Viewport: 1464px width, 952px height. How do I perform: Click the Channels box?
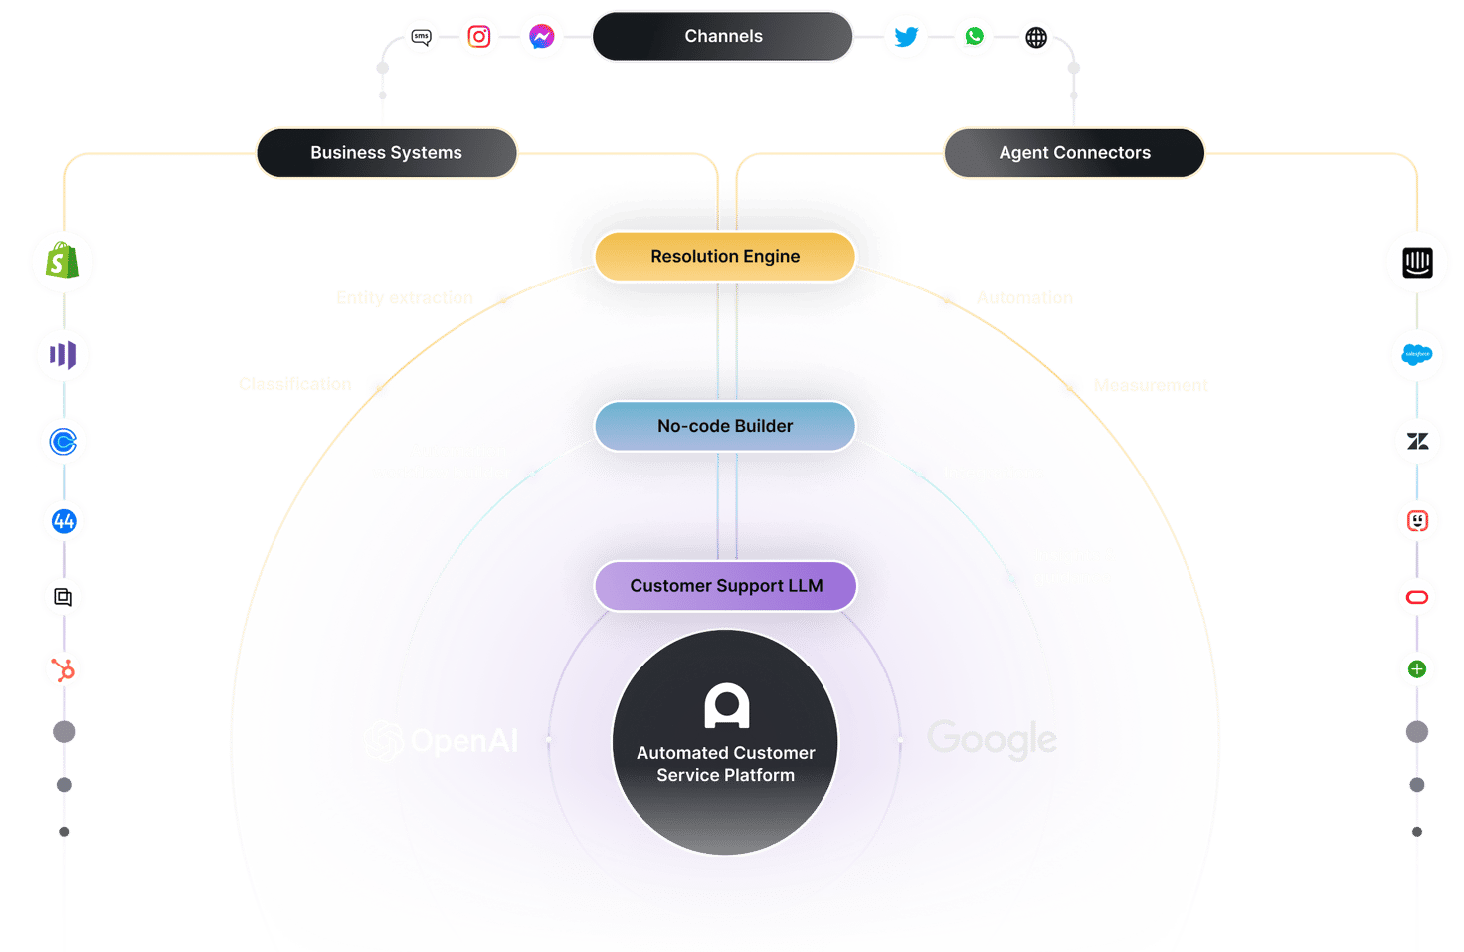723,37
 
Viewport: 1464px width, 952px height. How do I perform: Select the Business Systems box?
387,153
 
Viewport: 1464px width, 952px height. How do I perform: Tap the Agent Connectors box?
1074,153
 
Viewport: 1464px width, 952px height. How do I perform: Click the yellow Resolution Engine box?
725,257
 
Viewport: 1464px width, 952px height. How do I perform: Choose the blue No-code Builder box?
725,426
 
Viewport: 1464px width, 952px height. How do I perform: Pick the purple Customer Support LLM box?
725,586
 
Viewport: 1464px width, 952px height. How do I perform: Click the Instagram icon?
479,37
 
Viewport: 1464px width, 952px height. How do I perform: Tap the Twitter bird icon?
906,37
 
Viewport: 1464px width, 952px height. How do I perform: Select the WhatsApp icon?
974,37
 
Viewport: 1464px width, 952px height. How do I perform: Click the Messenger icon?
542,37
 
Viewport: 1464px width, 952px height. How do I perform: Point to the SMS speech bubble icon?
422,37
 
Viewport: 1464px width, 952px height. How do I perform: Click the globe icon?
1036,38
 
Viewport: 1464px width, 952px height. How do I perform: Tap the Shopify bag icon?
63,262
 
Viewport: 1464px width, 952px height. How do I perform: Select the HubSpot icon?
63,670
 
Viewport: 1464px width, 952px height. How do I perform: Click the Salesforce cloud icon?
1417,354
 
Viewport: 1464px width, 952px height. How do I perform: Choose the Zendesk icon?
1417,441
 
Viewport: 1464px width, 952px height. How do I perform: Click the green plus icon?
1417,669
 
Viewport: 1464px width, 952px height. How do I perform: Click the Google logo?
992,739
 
